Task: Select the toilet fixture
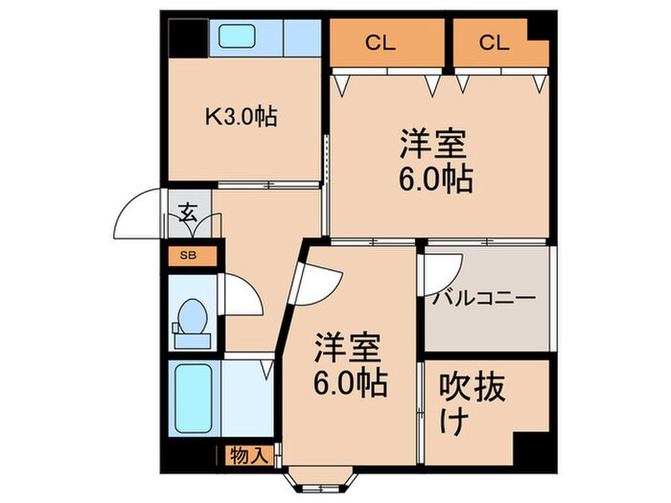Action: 192,322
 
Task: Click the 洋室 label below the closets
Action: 434,162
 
